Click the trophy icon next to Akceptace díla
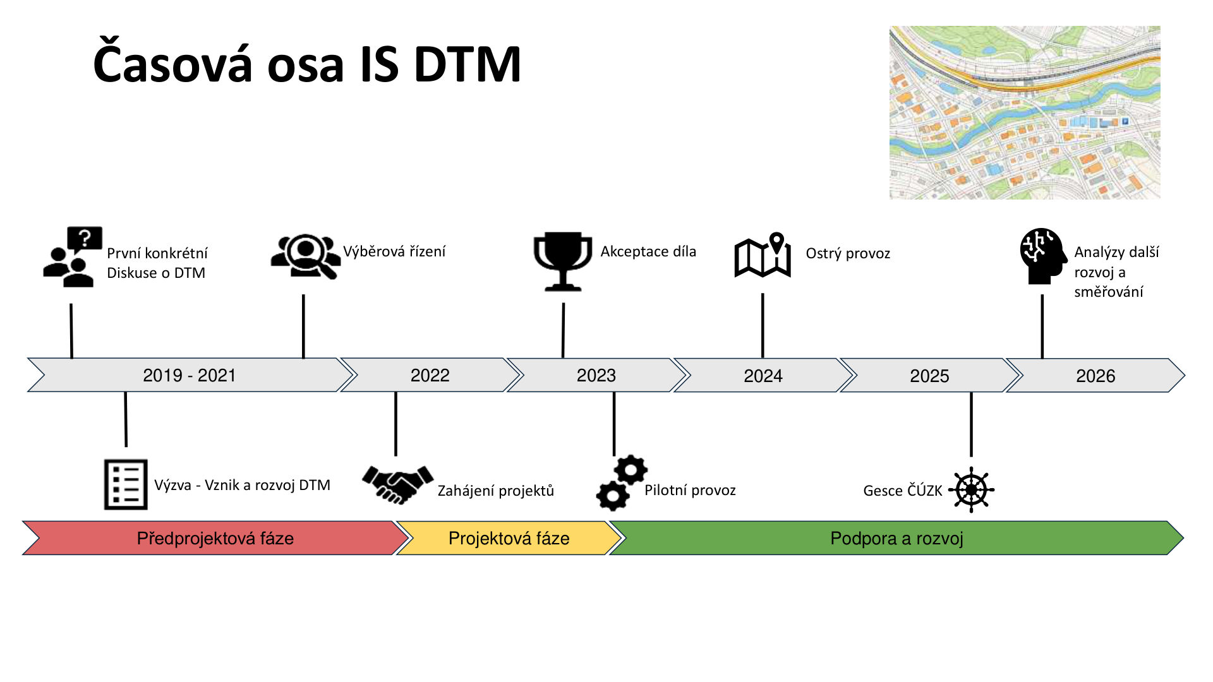562,261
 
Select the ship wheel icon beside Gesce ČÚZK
971,490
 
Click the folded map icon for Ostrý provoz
763,256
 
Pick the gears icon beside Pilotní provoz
622,483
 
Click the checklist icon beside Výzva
126,484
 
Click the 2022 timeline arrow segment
430,375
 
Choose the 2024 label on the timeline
763,376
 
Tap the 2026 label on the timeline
1095,376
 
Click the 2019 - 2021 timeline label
189,375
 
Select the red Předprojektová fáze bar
215,538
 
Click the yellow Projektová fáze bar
509,538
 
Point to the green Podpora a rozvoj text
896,538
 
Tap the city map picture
1024,112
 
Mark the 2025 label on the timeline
929,376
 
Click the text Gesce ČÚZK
902,491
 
